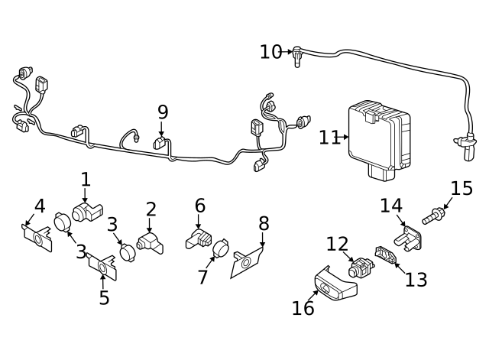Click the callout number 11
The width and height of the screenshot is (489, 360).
click(x=329, y=138)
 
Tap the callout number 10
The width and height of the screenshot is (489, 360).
click(x=270, y=52)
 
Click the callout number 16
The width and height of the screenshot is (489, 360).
click(x=303, y=307)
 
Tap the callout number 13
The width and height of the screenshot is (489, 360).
click(x=416, y=279)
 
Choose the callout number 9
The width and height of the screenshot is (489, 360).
click(x=162, y=112)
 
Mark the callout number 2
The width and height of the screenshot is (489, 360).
click(x=151, y=208)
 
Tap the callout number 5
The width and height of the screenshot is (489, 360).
click(x=104, y=297)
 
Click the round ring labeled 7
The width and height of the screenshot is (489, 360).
click(x=220, y=248)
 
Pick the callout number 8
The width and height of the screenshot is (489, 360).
click(x=264, y=223)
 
